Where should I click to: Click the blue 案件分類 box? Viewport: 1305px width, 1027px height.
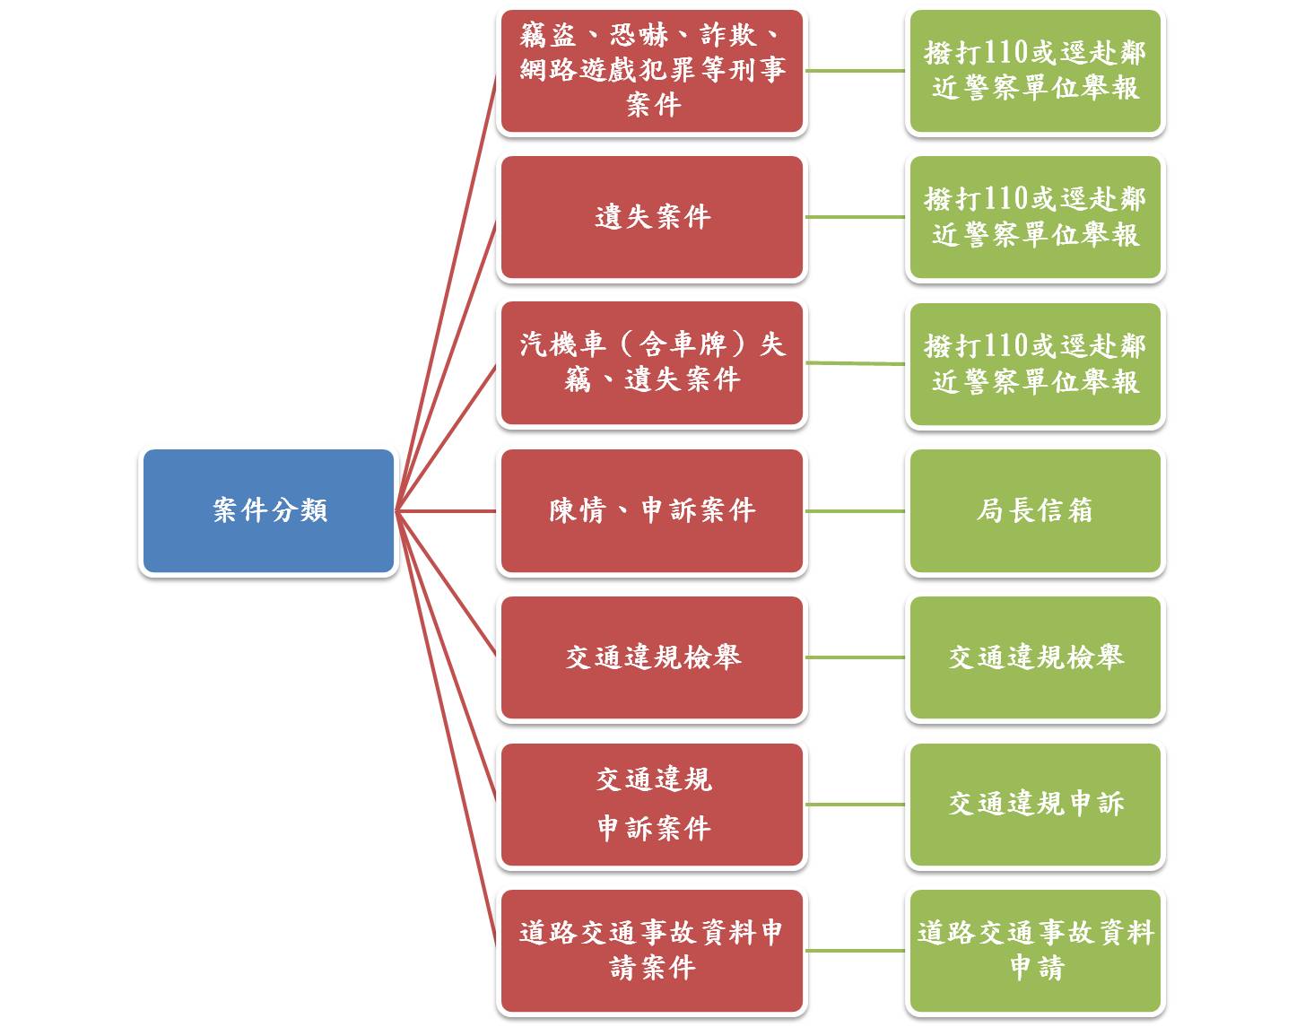pos(268,511)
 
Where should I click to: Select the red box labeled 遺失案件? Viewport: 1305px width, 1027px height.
pos(652,217)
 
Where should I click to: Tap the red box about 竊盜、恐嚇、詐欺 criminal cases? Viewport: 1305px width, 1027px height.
pos(652,71)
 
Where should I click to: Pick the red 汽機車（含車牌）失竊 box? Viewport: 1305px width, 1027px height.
pos(652,363)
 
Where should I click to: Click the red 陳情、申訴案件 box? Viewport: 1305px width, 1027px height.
pos(652,511)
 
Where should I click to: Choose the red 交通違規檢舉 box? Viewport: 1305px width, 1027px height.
pos(652,657)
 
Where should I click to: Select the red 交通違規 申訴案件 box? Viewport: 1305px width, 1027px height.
pos(652,805)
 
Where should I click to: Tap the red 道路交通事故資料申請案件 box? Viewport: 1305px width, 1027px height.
pos(652,951)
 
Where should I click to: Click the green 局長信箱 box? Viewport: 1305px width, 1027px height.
pos(1035,511)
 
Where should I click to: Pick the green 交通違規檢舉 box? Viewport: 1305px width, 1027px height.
pos(1035,657)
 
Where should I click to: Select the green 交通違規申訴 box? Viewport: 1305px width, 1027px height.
pos(1035,805)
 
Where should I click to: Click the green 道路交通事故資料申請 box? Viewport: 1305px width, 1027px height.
pos(1035,951)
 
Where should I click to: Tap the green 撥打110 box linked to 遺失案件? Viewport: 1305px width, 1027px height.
pos(1035,217)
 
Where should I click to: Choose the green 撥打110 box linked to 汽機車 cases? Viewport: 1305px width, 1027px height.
pos(1035,364)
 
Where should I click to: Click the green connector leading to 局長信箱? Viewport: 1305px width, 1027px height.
pos(856,511)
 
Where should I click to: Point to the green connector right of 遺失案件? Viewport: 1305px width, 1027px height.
pos(856,217)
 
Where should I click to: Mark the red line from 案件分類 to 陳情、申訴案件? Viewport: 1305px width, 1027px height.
pos(446,511)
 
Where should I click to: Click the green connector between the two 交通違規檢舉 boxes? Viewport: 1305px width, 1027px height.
pos(856,657)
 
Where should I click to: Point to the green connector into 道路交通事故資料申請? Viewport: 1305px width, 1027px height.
pos(856,951)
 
